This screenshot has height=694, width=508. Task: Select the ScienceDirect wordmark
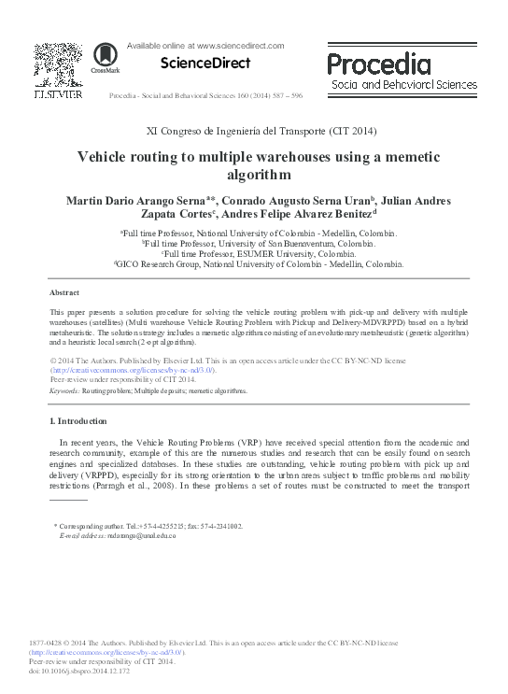coord(205,64)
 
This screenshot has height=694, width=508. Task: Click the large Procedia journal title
coord(379,64)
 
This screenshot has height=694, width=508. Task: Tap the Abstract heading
coord(63,292)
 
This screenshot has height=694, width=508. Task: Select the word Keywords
coord(63,391)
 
